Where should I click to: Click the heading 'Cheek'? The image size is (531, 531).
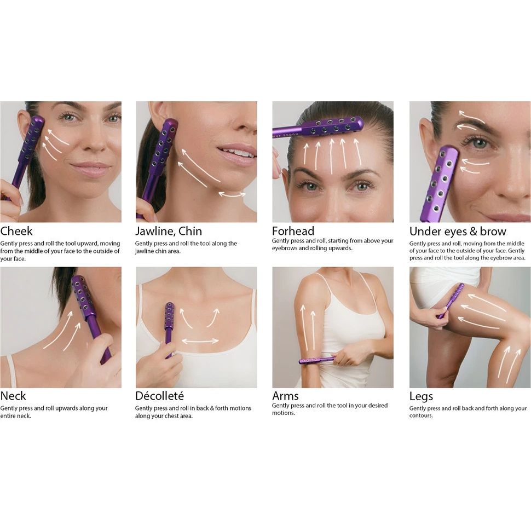(16, 231)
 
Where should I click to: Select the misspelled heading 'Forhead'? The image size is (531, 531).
(293, 231)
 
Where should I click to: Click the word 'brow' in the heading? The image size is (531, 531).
(493, 232)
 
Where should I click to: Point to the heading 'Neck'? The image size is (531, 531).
(13, 396)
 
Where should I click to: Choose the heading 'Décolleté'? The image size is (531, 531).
(159, 396)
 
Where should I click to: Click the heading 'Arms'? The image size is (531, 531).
(285, 396)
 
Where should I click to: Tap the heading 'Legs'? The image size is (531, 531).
(421, 396)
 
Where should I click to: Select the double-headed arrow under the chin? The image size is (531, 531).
(232, 194)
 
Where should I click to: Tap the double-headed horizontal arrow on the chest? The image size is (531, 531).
(200, 340)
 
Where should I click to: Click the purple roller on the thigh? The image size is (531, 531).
(451, 301)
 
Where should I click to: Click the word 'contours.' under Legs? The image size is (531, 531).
(421, 415)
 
